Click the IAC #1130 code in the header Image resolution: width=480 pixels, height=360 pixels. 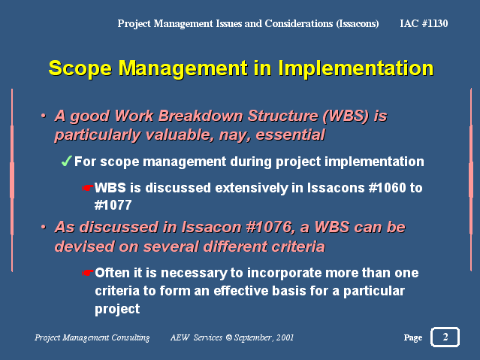click(x=424, y=23)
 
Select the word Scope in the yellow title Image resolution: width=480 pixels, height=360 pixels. click(x=80, y=68)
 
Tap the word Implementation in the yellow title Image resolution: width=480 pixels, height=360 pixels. click(x=356, y=68)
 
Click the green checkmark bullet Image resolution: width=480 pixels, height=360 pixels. click(x=66, y=161)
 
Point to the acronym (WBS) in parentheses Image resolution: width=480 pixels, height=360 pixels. click(x=346, y=116)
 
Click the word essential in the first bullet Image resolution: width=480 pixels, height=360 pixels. click(x=290, y=135)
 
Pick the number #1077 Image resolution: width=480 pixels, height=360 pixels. click(x=113, y=205)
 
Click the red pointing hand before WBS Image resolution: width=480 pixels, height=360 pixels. click(x=88, y=188)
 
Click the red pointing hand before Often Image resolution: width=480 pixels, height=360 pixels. click(x=88, y=273)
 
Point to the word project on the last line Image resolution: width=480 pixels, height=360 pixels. click(x=117, y=309)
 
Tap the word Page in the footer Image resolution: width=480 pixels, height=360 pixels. click(x=413, y=337)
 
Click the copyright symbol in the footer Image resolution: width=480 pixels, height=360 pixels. click(x=228, y=337)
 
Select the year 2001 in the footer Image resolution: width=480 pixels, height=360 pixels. click(x=285, y=337)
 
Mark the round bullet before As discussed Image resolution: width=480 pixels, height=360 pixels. click(x=44, y=227)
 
